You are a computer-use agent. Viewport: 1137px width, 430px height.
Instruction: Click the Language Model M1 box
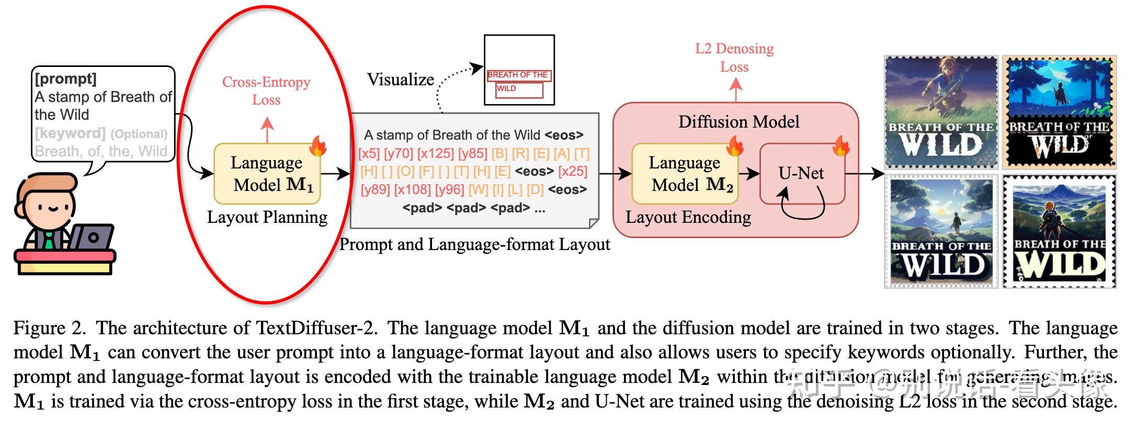pos(267,174)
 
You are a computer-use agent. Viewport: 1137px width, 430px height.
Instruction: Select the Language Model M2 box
pos(685,174)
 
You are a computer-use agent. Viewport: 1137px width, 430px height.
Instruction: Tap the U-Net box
pos(801,174)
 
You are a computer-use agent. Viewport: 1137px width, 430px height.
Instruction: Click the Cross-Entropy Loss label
pos(266,90)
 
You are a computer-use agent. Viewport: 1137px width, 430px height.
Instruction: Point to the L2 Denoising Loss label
pos(734,58)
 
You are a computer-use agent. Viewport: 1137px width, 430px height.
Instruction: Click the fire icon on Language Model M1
pos(317,146)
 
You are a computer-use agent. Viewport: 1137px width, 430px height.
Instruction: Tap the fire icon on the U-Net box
pos(841,146)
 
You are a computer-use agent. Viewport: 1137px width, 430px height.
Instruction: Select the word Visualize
pos(400,80)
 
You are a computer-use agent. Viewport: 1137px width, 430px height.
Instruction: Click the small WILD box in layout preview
pos(519,90)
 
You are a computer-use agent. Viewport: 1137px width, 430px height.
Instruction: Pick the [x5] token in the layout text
pos(369,154)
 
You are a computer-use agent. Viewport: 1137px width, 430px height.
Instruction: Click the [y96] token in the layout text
pos(449,189)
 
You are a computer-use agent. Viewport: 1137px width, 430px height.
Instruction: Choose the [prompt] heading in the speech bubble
pos(66,78)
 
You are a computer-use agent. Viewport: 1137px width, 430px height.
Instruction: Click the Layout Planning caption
pos(267,217)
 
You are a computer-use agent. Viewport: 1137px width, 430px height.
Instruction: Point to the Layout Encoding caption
pos(688,217)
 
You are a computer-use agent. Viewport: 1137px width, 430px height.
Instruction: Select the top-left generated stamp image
pos(941,112)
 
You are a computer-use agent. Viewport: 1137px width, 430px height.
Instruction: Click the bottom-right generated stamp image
pos(1060,232)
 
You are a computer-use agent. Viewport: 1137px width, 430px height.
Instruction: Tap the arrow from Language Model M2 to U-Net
pos(748,174)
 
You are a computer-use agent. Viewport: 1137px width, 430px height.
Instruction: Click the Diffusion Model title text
pos(738,122)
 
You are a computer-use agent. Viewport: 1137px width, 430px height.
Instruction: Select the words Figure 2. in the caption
pos(49,329)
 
